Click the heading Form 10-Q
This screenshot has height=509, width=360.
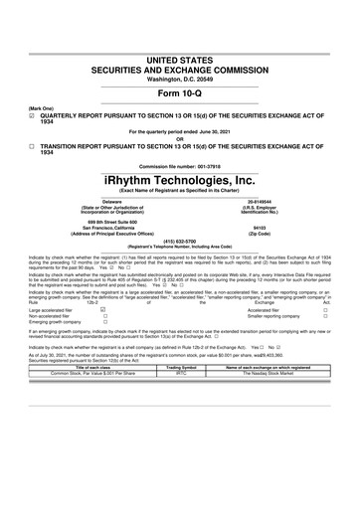click(x=180, y=94)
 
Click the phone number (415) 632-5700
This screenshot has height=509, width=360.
click(x=180, y=240)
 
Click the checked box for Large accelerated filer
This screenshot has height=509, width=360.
click(x=103, y=309)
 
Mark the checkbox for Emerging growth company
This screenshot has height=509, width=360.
click(x=103, y=323)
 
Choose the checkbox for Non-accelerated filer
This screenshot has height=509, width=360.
click(x=103, y=316)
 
